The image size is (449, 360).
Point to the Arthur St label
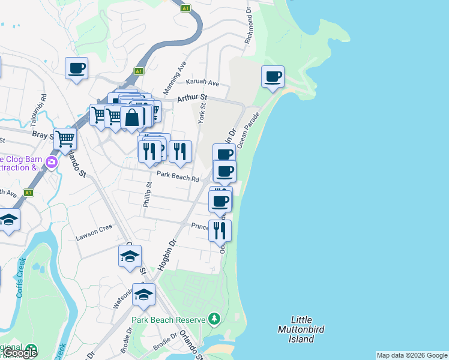191,97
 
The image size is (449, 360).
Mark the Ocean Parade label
249,129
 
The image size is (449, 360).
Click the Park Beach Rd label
178,178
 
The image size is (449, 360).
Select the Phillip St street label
148,196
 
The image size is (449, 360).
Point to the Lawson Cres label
94,236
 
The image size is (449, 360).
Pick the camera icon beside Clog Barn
52,162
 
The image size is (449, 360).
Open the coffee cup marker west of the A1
76,68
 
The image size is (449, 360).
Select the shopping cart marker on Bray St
65,139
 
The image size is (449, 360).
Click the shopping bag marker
132,118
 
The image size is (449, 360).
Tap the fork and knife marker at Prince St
220,229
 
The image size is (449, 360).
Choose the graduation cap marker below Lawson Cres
130,256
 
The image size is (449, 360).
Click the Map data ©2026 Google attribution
412,355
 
